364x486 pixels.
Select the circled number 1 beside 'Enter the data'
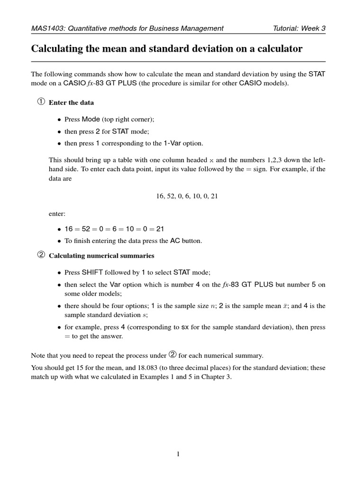pyautogui.click(x=41, y=102)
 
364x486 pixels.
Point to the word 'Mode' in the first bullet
pyautogui.click(x=91, y=119)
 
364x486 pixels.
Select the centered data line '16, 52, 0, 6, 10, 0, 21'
pyautogui.click(x=187, y=196)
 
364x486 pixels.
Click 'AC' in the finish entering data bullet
pyautogui.click(x=175, y=241)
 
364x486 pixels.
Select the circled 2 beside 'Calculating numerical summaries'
pyautogui.click(x=41, y=255)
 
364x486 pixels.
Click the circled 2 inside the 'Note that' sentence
pyautogui.click(x=173, y=355)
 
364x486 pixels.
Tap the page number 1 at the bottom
pyautogui.click(x=178, y=454)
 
